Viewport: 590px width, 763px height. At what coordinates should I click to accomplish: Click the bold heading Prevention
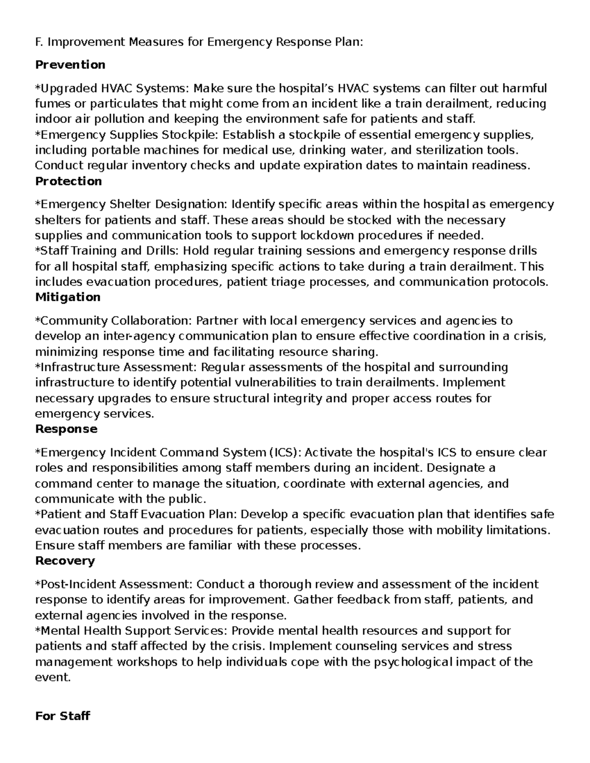[70, 65]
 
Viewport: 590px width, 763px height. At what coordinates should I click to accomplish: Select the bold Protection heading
[68, 181]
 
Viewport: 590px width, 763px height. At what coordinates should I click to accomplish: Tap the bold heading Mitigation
[68, 297]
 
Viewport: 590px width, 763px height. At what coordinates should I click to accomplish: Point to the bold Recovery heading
[65, 561]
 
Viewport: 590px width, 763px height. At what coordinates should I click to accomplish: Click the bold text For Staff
[62, 716]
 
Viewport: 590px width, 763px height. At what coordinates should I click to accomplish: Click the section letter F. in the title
[39, 42]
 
